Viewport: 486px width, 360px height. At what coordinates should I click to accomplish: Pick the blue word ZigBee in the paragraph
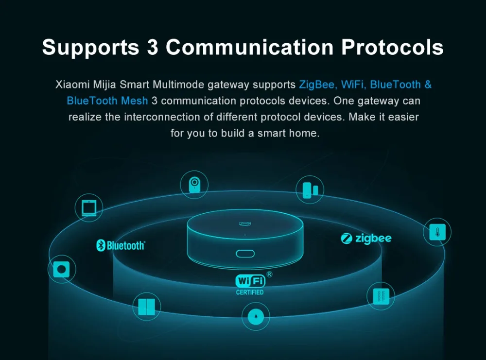(317, 85)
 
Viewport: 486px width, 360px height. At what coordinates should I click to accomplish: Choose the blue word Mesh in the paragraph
(136, 101)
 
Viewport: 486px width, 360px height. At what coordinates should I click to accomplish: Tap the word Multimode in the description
(179, 85)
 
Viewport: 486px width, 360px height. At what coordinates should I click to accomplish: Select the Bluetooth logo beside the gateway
(121, 245)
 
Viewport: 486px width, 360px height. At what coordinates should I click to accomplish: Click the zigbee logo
(366, 238)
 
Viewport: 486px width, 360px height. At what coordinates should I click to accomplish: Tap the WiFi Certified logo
(250, 284)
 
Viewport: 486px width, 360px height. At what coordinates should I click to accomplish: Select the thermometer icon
(437, 232)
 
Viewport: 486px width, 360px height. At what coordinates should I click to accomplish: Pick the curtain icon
(381, 296)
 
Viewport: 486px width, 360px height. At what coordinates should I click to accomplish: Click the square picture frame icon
(89, 207)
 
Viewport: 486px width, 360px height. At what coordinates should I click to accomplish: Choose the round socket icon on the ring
(62, 269)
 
